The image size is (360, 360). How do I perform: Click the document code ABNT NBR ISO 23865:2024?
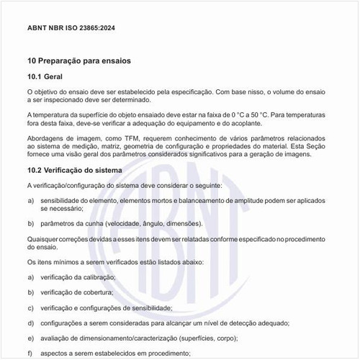pos(71,28)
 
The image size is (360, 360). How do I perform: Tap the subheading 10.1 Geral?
pos(46,76)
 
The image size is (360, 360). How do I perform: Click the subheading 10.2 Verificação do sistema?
pos(79,170)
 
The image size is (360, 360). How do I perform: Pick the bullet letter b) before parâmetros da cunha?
pos(30,223)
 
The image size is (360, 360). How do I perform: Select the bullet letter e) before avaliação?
pos(30,338)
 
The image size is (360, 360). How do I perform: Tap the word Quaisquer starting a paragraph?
pos(44,238)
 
